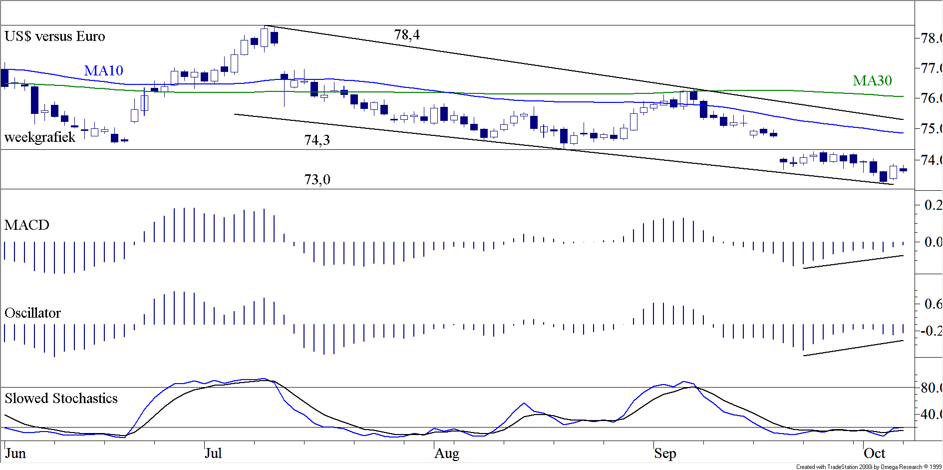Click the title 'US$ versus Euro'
pyautogui.click(x=55, y=36)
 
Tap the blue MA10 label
pyautogui.click(x=103, y=71)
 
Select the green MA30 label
pyautogui.click(x=872, y=81)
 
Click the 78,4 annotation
pyautogui.click(x=407, y=35)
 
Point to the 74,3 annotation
pyautogui.click(x=317, y=140)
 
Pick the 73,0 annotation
pyautogui.click(x=317, y=180)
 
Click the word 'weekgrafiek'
pyautogui.click(x=40, y=137)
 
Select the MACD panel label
pyautogui.click(x=27, y=225)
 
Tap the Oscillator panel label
pyautogui.click(x=33, y=313)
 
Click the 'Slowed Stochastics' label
pyautogui.click(x=61, y=399)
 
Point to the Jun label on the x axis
pyautogui.click(x=15, y=454)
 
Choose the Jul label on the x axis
pyautogui.click(x=213, y=454)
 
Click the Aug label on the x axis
pyautogui.click(x=447, y=454)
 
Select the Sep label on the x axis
pyautogui.click(x=665, y=454)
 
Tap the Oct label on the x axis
pyautogui.click(x=874, y=454)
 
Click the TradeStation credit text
pyautogui.click(x=869, y=467)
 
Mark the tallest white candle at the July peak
pyautogui.click(x=264, y=37)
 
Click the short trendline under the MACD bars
pyautogui.click(x=854, y=262)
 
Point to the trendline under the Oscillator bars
pyautogui.click(x=854, y=348)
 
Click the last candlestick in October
pyautogui.click(x=903, y=170)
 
